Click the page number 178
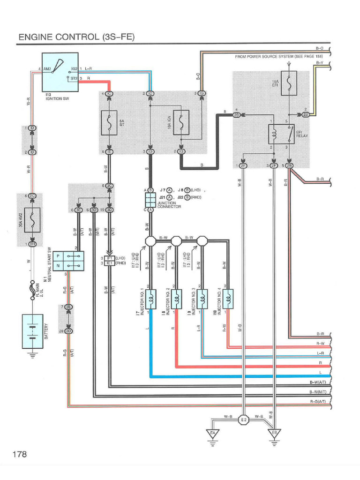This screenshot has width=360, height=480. (20, 454)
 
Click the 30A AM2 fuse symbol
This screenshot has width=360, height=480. (32, 220)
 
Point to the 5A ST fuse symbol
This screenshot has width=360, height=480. (109, 123)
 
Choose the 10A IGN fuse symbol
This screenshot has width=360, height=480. (181, 123)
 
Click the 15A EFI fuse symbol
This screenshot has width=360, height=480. (289, 83)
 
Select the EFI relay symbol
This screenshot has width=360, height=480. (281, 134)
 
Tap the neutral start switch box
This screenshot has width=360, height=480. (68, 261)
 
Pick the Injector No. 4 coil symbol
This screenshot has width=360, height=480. (228, 298)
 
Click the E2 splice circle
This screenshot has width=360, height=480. (243, 420)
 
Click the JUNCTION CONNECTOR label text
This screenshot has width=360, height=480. (169, 205)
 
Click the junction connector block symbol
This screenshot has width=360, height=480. (150, 200)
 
